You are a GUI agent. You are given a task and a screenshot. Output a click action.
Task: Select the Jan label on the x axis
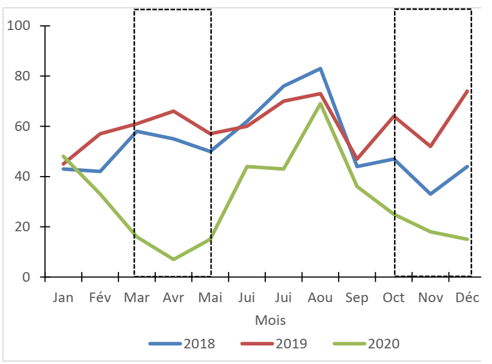click(63, 298)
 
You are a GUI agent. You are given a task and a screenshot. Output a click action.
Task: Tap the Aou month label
click(321, 298)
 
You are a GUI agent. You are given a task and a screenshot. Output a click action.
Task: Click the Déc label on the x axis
click(467, 298)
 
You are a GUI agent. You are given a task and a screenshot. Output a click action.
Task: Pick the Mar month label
click(137, 298)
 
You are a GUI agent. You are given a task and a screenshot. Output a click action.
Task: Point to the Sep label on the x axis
click(357, 298)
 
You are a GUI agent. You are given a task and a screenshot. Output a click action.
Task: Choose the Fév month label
click(100, 298)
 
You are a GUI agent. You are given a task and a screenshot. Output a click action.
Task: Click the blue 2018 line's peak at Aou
click(321, 68)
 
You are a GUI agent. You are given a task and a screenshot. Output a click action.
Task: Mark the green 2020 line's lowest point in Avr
click(173, 259)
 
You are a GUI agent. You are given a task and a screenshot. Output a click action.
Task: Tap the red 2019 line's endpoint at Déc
click(467, 91)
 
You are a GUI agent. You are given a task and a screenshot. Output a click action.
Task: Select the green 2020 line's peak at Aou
click(321, 104)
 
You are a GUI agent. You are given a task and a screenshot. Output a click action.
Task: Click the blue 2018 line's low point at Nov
click(431, 194)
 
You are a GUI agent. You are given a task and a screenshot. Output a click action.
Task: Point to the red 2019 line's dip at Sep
click(357, 159)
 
